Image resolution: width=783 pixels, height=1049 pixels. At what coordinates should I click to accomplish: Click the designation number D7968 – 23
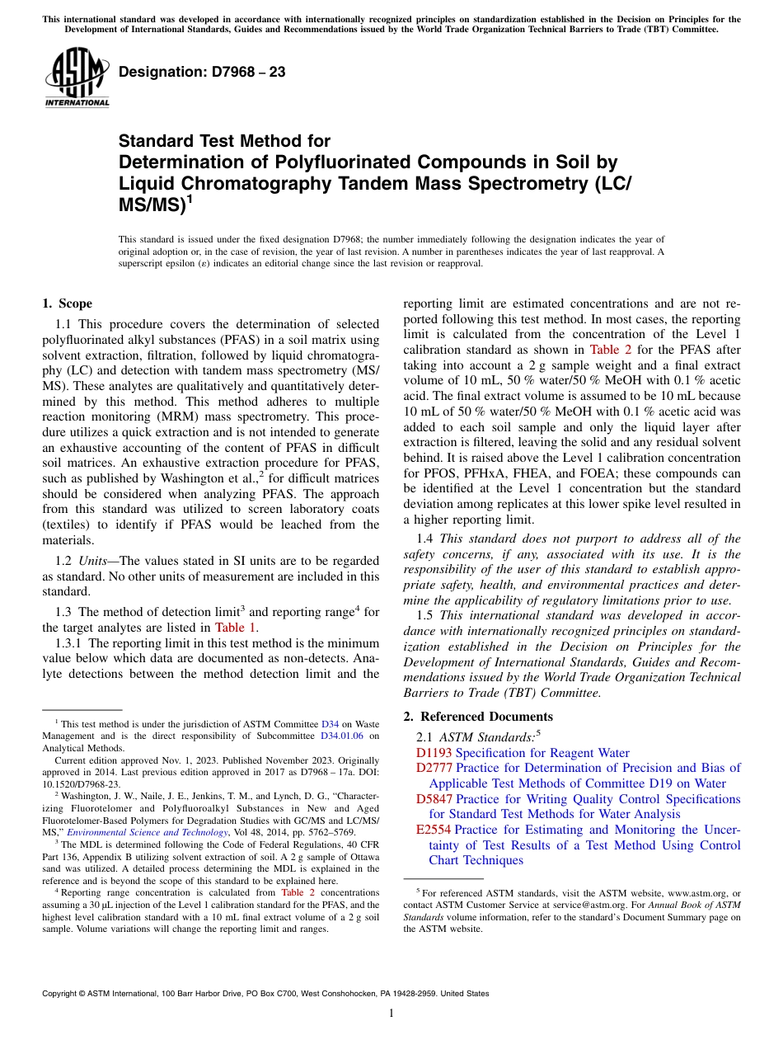(202, 72)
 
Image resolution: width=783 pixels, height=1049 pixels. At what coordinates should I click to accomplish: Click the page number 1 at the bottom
(391, 1013)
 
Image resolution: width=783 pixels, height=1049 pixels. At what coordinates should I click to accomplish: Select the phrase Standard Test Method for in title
(224, 141)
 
